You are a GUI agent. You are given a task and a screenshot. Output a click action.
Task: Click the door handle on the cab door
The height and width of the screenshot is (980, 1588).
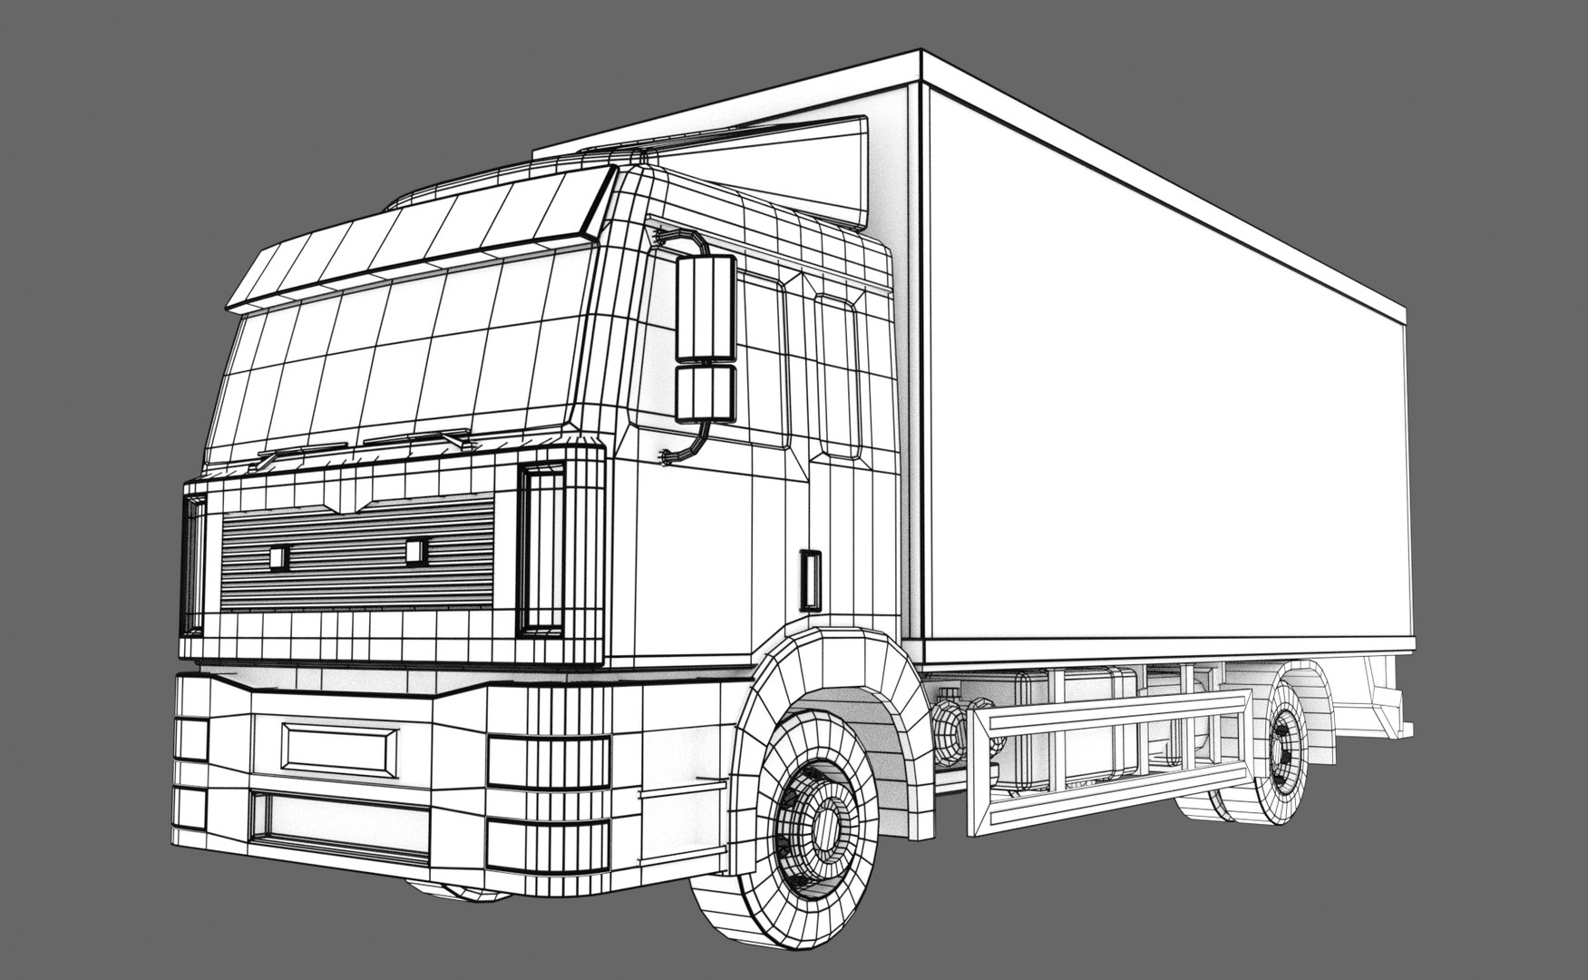click(810, 579)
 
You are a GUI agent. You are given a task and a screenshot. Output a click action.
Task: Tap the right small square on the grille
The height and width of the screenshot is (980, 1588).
click(416, 549)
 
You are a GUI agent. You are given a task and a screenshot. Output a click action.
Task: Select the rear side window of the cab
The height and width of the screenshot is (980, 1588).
click(837, 372)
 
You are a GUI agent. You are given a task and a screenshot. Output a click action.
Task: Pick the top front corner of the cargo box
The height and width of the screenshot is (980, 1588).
click(922, 56)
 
